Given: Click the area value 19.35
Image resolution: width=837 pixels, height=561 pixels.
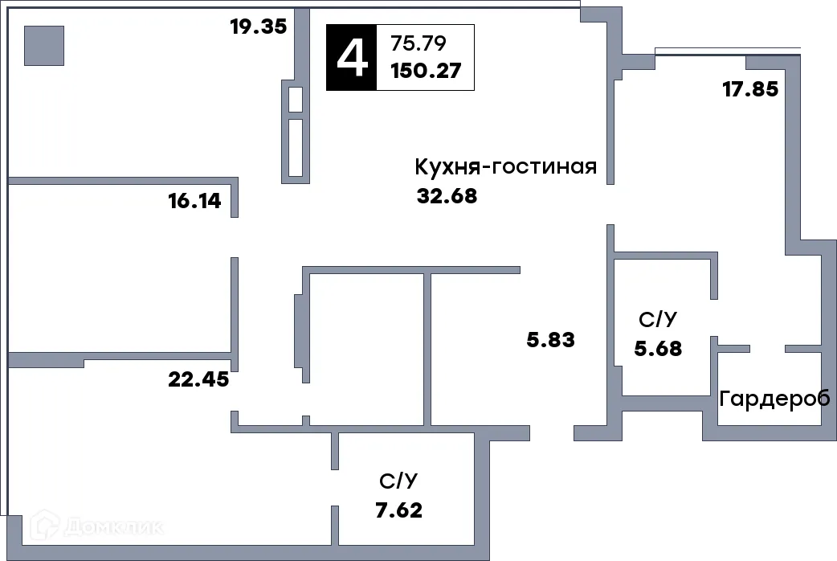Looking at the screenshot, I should pos(258,27).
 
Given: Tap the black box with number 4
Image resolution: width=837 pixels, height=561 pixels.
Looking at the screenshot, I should pos(351,57).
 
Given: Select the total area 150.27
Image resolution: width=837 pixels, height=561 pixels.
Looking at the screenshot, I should pos(425,70).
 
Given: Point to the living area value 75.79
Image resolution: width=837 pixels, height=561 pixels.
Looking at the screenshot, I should pos(418,42).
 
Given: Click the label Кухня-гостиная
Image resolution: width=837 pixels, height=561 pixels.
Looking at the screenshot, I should pos(505,167).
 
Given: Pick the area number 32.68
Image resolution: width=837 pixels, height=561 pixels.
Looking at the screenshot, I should pos(447,196).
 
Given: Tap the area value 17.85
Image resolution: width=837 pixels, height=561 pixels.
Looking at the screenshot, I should pos(750,89).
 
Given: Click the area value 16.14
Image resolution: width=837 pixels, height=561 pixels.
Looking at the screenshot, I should pos(194,201).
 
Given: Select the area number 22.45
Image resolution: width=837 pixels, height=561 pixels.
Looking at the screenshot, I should pos(198,379).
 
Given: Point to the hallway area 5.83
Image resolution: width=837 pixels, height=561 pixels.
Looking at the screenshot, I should pos(551,340).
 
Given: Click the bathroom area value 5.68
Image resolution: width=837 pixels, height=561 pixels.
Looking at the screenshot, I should pos(658,349).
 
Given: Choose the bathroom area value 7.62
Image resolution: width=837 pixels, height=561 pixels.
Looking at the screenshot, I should pos(398,510).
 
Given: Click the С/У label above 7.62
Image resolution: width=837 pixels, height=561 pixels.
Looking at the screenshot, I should pos(398,481).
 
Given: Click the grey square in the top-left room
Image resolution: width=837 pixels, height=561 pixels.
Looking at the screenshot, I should pos(43,45).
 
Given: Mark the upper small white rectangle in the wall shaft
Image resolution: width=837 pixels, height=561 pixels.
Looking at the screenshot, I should pos(295,100).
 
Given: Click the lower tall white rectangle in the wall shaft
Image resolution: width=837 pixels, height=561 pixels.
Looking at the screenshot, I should pos(295,147).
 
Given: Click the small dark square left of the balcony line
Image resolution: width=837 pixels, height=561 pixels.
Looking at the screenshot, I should pos(651,48).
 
